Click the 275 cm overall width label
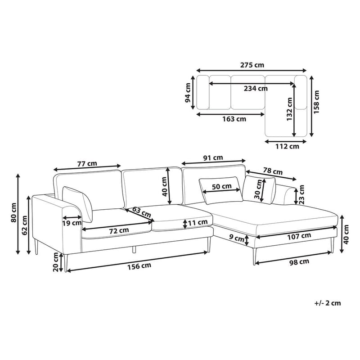[x=252, y=64]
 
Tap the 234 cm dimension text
[x=256, y=89]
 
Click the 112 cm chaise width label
[x=288, y=146]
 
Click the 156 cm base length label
[x=139, y=265]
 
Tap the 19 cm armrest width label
[x=72, y=222]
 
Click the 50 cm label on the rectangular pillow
[x=221, y=186]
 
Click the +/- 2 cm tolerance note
[x=328, y=303]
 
